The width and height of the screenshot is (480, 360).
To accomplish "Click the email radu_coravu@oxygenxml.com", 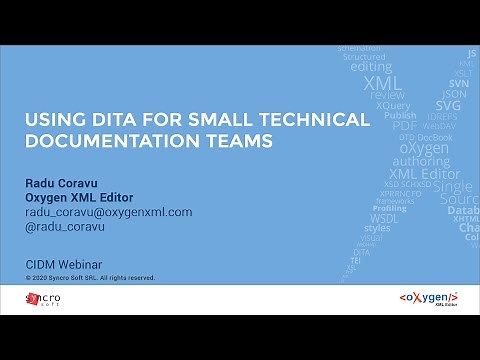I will [108, 212].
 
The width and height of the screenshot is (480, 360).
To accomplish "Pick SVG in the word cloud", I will [448, 105].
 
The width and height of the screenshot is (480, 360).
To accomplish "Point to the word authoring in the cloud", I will [420, 160].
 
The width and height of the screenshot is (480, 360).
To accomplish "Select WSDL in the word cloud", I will [384, 217].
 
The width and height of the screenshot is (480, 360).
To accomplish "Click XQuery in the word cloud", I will [392, 105].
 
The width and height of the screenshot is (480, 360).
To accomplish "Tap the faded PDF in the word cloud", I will [404, 126].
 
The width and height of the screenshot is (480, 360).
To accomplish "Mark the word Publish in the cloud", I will [400, 115].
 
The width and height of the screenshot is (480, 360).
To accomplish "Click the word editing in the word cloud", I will [371, 67].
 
